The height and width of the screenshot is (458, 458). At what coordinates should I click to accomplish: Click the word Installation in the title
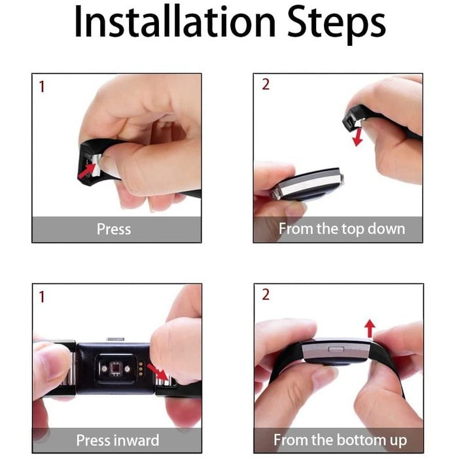tap(175, 22)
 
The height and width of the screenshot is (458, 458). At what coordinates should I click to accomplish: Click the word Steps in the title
tap(336, 25)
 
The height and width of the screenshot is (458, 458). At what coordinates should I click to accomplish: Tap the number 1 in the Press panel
tap(42, 87)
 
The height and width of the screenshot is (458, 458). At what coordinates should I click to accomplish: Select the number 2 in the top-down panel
tap(266, 84)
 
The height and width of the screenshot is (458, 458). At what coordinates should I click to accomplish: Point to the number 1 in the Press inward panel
tap(42, 297)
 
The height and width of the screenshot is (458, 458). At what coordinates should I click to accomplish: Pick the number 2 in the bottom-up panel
tap(266, 294)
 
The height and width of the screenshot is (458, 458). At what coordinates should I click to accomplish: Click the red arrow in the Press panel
tap(87, 171)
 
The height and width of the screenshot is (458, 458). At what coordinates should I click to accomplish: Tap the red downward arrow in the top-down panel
tap(358, 137)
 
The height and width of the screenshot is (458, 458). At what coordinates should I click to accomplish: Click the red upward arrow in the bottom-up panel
tap(370, 328)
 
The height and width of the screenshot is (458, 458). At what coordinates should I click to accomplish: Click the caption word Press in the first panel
tap(114, 229)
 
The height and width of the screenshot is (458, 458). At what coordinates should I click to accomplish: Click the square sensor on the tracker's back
tap(115, 368)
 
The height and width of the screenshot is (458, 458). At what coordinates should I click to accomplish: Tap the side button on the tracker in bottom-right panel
tap(336, 349)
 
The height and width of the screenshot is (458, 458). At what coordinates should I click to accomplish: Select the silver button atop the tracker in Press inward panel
tap(116, 339)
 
